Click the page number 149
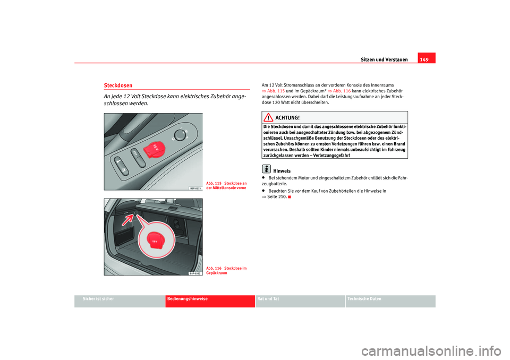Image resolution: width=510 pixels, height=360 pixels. coord(426,59)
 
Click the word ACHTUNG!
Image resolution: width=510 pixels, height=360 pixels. coord(288,117)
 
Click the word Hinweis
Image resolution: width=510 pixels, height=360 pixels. coord(282,171)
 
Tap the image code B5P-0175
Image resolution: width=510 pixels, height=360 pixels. coord(194,187)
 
